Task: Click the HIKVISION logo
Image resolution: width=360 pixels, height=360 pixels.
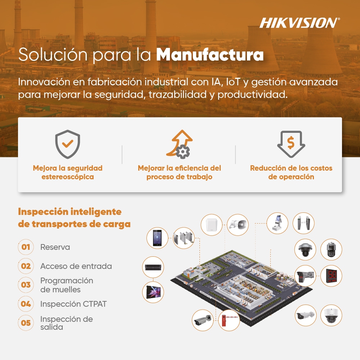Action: [x=300, y=23]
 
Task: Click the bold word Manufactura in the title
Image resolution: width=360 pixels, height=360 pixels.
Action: [x=210, y=55]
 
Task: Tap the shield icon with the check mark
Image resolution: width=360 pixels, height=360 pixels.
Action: [x=68, y=144]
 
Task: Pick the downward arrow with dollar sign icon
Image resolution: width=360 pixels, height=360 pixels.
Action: [x=291, y=144]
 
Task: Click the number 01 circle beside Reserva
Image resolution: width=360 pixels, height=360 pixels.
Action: [x=26, y=247]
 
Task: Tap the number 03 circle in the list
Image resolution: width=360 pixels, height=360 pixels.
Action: [x=26, y=285]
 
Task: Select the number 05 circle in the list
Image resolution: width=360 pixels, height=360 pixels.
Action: [x=26, y=323]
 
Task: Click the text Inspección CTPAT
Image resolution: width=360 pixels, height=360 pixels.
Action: [x=73, y=304]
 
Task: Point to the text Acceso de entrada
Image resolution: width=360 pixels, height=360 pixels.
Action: [x=76, y=266]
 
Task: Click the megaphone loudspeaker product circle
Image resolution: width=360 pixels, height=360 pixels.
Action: [x=238, y=225]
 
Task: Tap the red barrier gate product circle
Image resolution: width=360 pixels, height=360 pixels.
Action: [x=229, y=320]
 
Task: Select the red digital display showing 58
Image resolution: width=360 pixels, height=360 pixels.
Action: [x=331, y=276]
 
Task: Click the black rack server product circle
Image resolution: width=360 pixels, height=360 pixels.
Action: [x=153, y=267]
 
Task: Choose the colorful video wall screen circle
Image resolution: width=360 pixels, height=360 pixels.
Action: [x=153, y=292]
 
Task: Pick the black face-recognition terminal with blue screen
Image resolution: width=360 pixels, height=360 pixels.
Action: [x=157, y=238]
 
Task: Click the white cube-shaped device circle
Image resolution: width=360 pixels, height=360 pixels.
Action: [x=211, y=225]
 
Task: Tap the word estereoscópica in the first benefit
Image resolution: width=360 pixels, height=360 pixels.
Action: [x=68, y=177]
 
